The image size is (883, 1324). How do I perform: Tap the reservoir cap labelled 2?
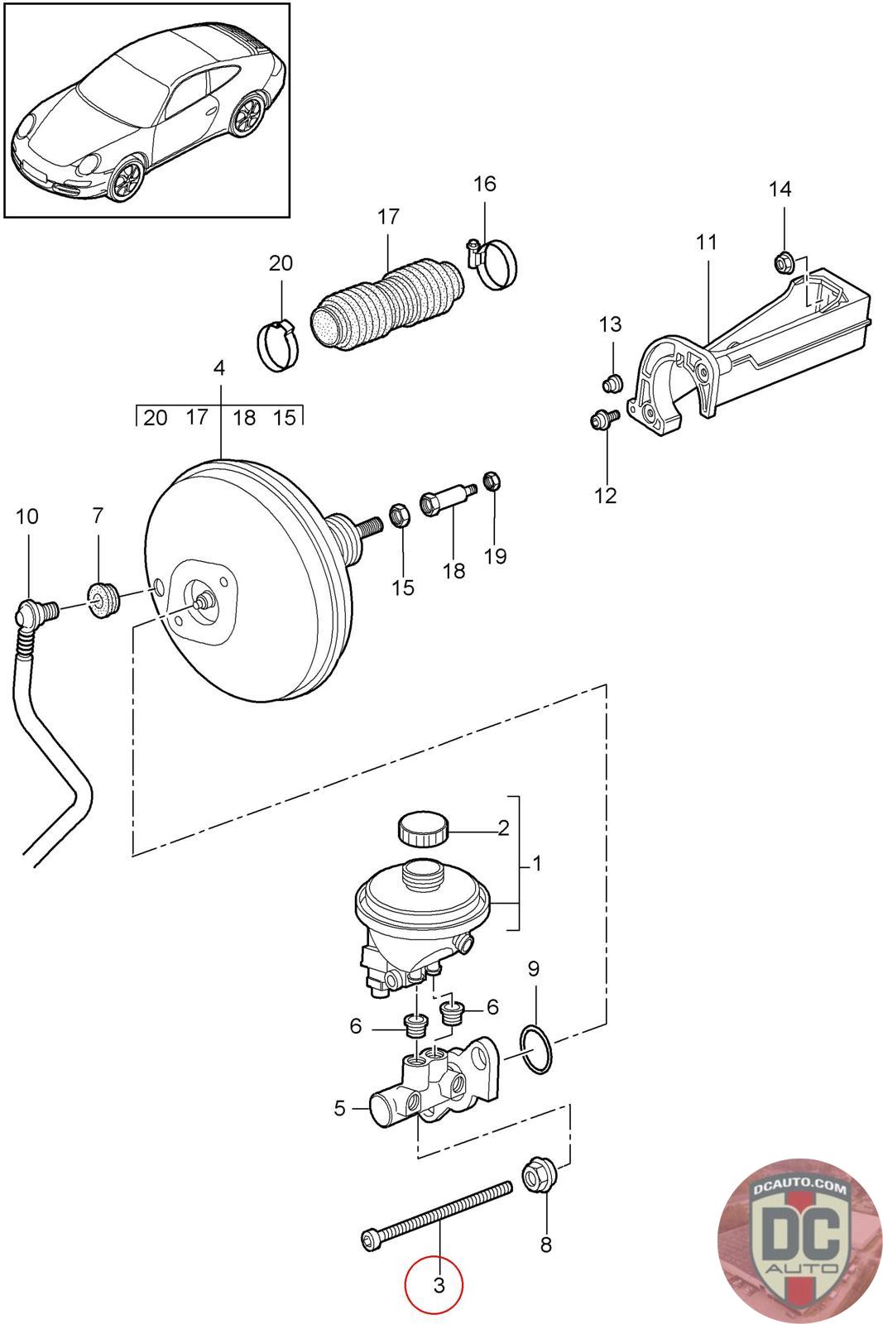point(423,829)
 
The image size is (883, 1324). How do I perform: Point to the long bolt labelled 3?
point(436,1216)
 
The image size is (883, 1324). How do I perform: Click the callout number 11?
point(706,242)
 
